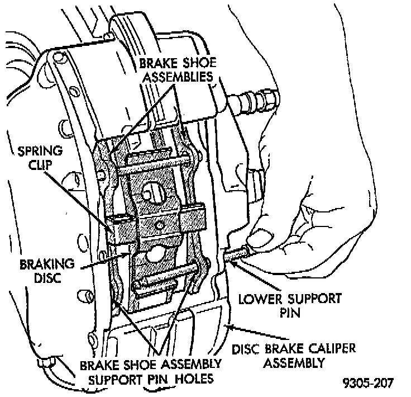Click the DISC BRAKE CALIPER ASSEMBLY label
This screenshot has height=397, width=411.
(294, 356)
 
